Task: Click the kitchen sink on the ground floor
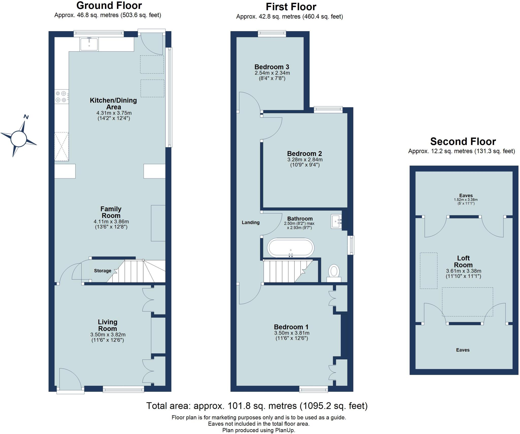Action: pyautogui.click(x=89, y=44)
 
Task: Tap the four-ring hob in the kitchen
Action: pyautogui.click(x=61, y=97)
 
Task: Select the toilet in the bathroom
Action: pyautogui.click(x=334, y=272)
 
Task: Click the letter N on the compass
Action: pyautogui.click(x=26, y=117)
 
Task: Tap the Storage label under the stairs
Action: pyautogui.click(x=103, y=271)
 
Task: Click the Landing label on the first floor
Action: pyautogui.click(x=250, y=222)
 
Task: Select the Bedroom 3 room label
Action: pyautogui.click(x=272, y=67)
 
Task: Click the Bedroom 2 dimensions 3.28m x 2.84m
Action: pyautogui.click(x=305, y=159)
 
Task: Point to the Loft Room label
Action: pyautogui.click(x=463, y=262)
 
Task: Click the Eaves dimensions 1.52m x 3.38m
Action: pyautogui.click(x=466, y=200)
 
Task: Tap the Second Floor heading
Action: pyautogui.click(x=463, y=141)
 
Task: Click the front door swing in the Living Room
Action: pyautogui.click(x=70, y=378)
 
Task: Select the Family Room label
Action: pyautogui.click(x=111, y=212)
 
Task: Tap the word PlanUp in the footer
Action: pyautogui.click(x=284, y=430)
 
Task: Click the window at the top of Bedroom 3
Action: pyautogui.click(x=272, y=34)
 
